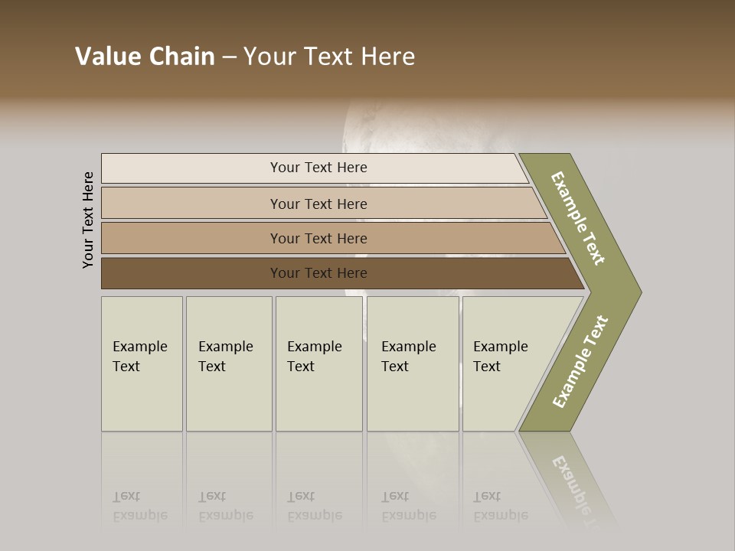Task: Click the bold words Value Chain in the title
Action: tap(145, 57)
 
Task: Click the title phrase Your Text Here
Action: tap(329, 57)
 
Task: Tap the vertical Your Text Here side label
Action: tap(88, 220)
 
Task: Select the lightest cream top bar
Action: tap(191, 168)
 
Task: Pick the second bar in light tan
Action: tap(191, 204)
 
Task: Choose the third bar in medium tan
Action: tap(191, 238)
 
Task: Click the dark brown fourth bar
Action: tap(191, 273)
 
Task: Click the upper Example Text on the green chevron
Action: tap(578, 218)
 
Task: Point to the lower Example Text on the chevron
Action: tap(580, 362)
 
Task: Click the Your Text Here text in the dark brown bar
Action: tap(318, 273)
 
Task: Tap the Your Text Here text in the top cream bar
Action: tap(318, 168)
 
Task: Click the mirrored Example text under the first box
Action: tap(140, 514)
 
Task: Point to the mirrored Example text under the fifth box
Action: tap(501, 514)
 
